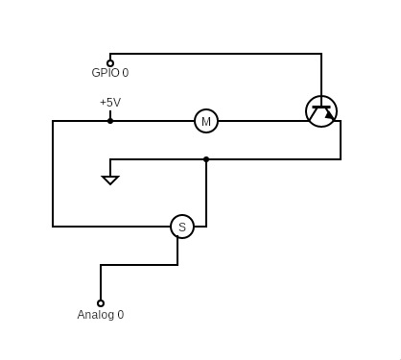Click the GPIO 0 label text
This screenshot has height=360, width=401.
pyautogui.click(x=109, y=73)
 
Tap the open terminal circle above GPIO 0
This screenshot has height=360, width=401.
pyautogui.click(x=110, y=63)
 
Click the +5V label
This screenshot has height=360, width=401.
pyautogui.click(x=110, y=103)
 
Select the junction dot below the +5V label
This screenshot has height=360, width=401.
pyautogui.click(x=110, y=121)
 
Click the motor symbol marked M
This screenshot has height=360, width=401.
pyautogui.click(x=206, y=121)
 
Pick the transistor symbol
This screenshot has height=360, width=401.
pyautogui.click(x=321, y=111)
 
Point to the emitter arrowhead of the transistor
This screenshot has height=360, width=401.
pyautogui.click(x=329, y=115)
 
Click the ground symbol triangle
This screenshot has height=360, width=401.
pyautogui.click(x=110, y=179)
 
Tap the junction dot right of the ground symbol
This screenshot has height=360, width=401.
pyautogui.click(x=206, y=159)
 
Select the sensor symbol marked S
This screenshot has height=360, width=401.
pyautogui.click(x=182, y=227)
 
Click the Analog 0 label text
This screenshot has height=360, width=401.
pyautogui.click(x=101, y=315)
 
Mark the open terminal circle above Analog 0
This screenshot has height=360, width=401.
pyautogui.click(x=101, y=303)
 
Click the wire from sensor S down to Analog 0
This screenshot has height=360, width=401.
pyautogui.click(x=139, y=265)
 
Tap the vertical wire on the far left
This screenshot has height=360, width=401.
pyautogui.click(x=53, y=173)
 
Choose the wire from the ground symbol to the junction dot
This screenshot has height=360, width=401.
pyautogui.click(x=158, y=159)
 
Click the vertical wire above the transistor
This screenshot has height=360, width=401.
pyautogui.click(x=321, y=75)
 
